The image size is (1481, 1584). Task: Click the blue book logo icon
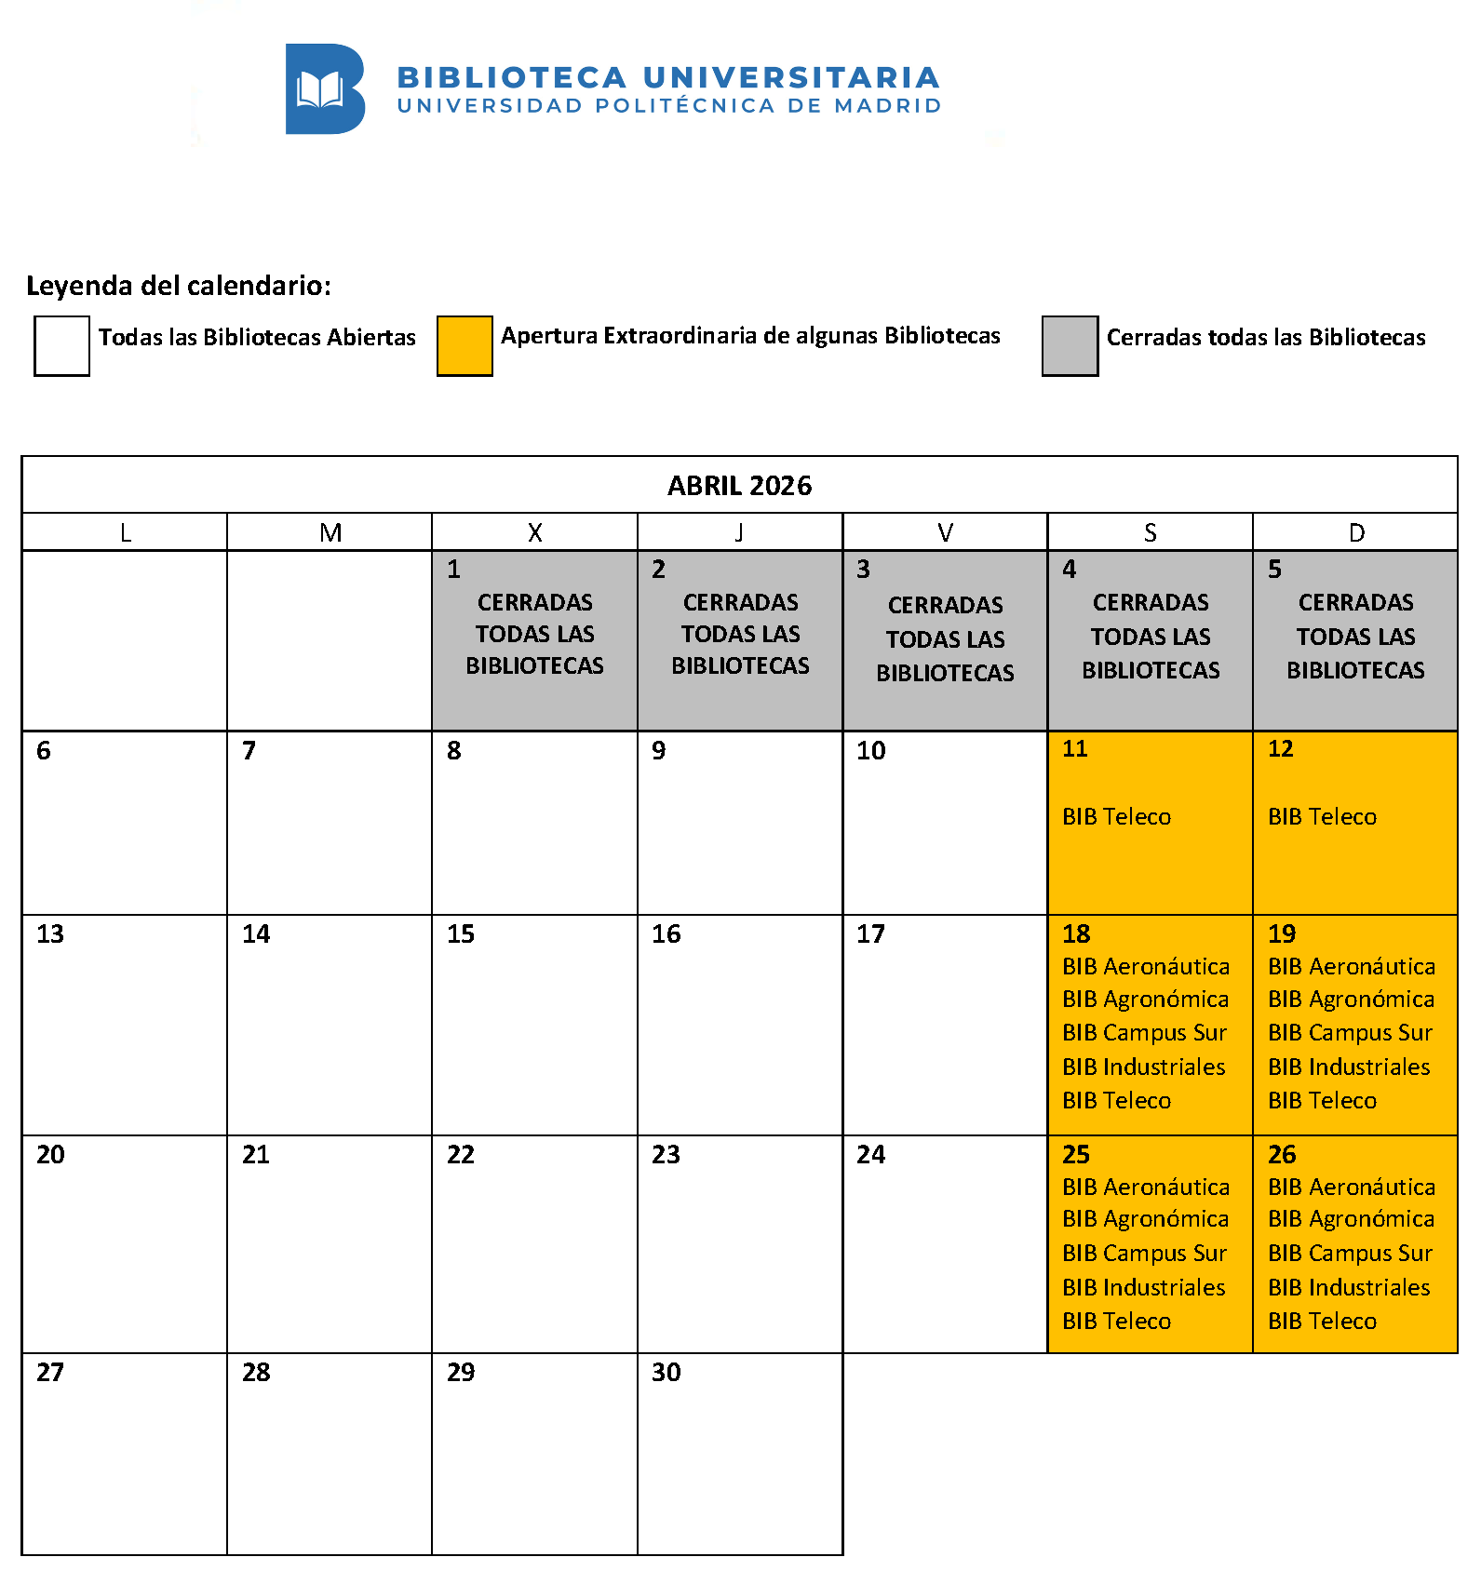325,89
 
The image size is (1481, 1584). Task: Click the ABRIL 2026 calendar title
739,486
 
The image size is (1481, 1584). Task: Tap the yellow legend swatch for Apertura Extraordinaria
464,346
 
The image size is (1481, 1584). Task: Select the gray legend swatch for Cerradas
1070,346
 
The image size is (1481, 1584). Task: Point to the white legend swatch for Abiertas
61,346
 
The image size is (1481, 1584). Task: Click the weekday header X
534,532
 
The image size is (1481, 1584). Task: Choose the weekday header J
739,532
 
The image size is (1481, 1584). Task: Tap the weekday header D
1356,532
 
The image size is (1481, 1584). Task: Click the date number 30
666,1373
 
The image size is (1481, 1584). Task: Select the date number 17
870,934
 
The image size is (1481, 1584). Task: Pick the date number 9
659,751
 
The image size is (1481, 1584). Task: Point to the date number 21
256,1155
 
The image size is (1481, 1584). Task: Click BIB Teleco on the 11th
1116,817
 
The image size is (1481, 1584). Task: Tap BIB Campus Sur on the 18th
1144,1033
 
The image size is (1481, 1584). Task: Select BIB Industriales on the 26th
1349,1288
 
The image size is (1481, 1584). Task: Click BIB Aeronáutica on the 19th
1351,967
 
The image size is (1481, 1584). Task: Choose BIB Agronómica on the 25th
1145,1219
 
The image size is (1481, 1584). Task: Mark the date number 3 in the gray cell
863,570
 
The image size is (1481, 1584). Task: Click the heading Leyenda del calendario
178,286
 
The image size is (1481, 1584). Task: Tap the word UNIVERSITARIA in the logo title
791,77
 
